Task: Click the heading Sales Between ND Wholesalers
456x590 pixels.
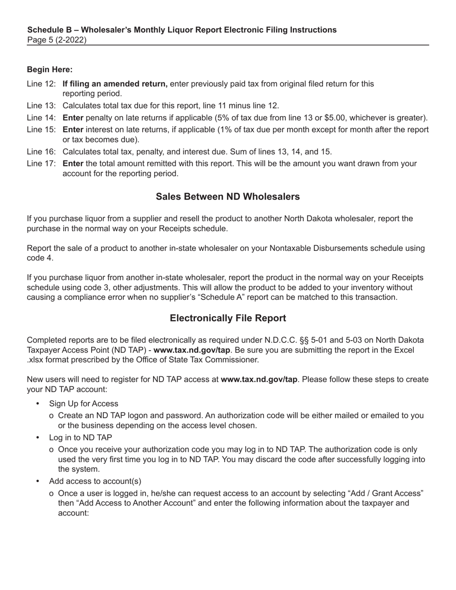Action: (228, 197)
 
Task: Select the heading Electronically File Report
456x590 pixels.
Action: (228, 318)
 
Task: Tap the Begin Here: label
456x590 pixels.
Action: (49, 70)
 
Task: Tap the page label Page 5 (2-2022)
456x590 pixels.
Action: (57, 40)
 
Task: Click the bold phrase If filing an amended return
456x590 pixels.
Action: (115, 84)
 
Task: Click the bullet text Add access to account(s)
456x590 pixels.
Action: (95, 481)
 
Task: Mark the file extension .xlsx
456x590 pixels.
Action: (37, 360)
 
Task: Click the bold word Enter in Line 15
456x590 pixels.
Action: (73, 130)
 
